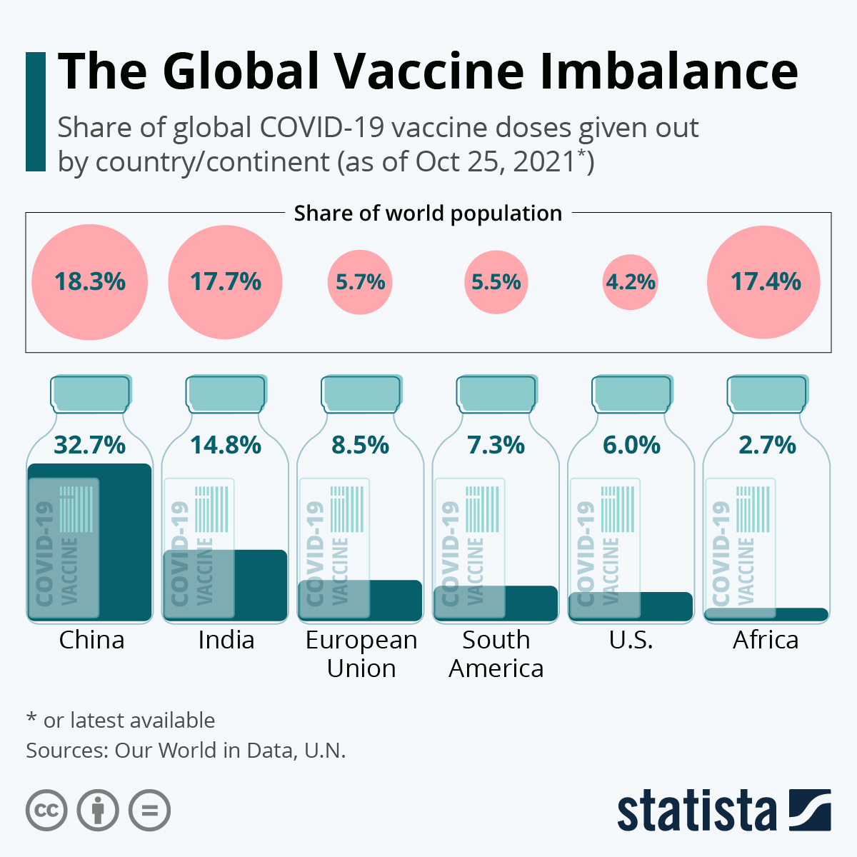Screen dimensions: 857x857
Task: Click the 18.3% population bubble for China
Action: pos(90,282)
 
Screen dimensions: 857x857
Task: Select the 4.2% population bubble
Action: pos(631,282)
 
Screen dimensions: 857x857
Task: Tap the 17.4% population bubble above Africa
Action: pos(764,282)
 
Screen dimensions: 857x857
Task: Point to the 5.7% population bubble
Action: pos(360,282)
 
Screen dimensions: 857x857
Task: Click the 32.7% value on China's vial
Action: pos(90,445)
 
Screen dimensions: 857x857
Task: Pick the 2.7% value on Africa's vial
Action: pos(767,445)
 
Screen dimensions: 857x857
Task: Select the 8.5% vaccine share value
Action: pos(360,445)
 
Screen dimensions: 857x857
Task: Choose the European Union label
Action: pos(361,653)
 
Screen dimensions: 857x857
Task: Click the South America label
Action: pos(496,653)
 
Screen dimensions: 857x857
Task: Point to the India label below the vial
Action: pos(226,639)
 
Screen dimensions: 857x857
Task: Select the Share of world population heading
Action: pos(428,214)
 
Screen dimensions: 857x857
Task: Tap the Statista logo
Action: pos(723,811)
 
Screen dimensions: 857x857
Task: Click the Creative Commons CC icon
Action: pos(46,811)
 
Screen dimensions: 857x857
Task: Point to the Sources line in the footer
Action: pos(186,751)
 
